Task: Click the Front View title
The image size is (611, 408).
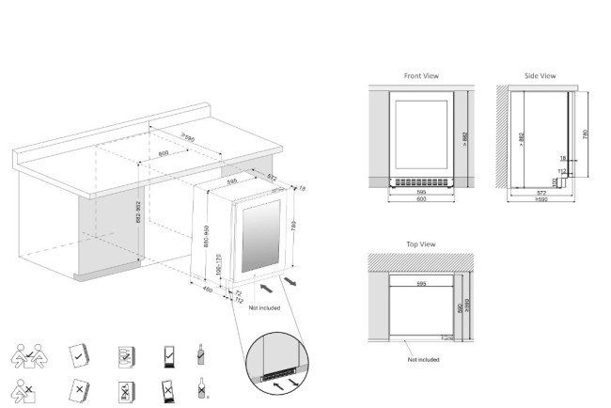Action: [420, 75]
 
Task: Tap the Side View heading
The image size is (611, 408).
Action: [540, 75]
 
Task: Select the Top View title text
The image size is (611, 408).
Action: [419, 243]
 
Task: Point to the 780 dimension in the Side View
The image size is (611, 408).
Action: [587, 134]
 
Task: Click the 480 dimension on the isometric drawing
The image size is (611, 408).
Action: [207, 289]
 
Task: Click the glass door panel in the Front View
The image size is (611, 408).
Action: [420, 133]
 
